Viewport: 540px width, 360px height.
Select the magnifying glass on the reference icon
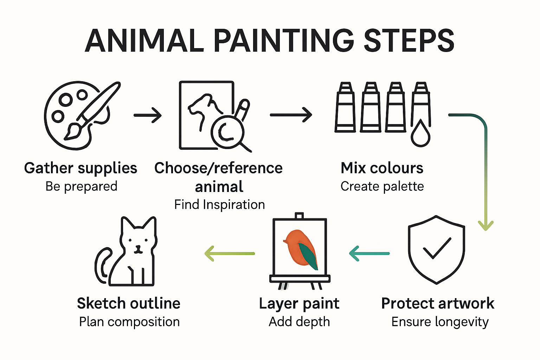pyautogui.click(x=227, y=132)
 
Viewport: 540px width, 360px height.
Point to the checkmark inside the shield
pyautogui.click(x=437, y=248)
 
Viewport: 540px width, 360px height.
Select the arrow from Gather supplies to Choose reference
pyautogui.click(x=148, y=115)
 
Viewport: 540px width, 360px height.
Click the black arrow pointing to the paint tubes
pyautogui.click(x=291, y=115)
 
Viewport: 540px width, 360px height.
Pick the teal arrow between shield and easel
pyautogui.click(x=369, y=253)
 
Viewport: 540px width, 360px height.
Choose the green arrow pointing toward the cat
pyautogui.click(x=229, y=253)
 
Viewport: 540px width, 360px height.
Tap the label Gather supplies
pyautogui.click(x=81, y=168)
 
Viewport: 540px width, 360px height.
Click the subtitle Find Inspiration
pyautogui.click(x=219, y=205)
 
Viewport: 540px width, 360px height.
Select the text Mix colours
pyautogui.click(x=382, y=168)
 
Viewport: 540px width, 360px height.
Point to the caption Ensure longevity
pyautogui.click(x=440, y=322)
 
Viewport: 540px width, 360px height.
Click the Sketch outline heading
pyautogui.click(x=129, y=303)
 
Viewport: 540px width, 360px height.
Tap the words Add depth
pyautogui.click(x=299, y=322)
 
